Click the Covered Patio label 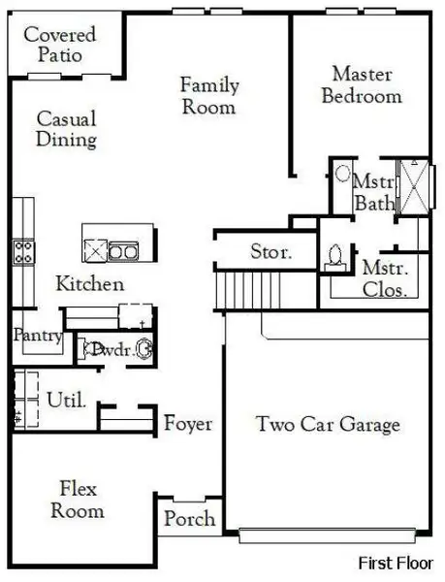[60, 45]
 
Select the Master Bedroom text [361, 84]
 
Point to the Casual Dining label [66, 129]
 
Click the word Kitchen [89, 284]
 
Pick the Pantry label [38, 336]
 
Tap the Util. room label [67, 399]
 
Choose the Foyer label [188, 424]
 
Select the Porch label [189, 519]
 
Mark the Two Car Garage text [328, 424]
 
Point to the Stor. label [270, 253]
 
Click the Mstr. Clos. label [385, 277]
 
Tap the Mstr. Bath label [373, 192]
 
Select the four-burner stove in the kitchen [23, 252]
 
